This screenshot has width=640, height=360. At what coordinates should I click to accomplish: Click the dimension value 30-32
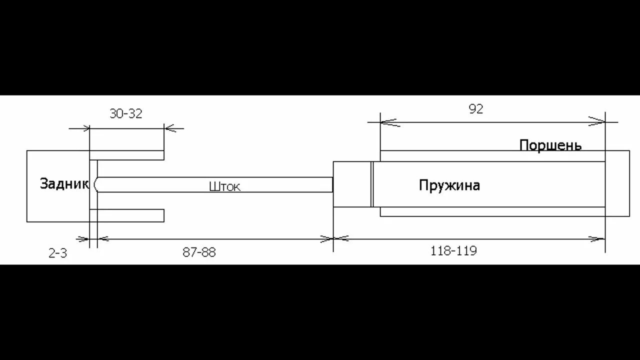tap(126, 113)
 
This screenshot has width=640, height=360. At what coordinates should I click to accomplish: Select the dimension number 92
tap(476, 109)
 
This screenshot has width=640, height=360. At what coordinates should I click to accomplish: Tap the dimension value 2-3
tap(57, 253)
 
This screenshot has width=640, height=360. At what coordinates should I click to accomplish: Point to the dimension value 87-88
tap(199, 252)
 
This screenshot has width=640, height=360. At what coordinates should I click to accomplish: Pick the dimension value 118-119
tap(453, 251)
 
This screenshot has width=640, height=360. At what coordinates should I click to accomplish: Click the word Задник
tap(64, 184)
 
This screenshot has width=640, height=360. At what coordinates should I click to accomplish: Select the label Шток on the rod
tap(224, 187)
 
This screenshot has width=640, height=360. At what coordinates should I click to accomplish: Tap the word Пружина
tap(449, 185)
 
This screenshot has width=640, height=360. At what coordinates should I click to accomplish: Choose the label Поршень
tap(550, 145)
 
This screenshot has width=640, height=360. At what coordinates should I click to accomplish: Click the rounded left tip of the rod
tap(96, 184)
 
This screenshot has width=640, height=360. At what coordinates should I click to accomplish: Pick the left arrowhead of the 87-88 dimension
tap(101, 239)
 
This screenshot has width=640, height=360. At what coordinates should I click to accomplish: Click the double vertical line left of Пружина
tap(372, 184)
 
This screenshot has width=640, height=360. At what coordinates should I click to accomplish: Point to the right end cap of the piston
tap(617, 183)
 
